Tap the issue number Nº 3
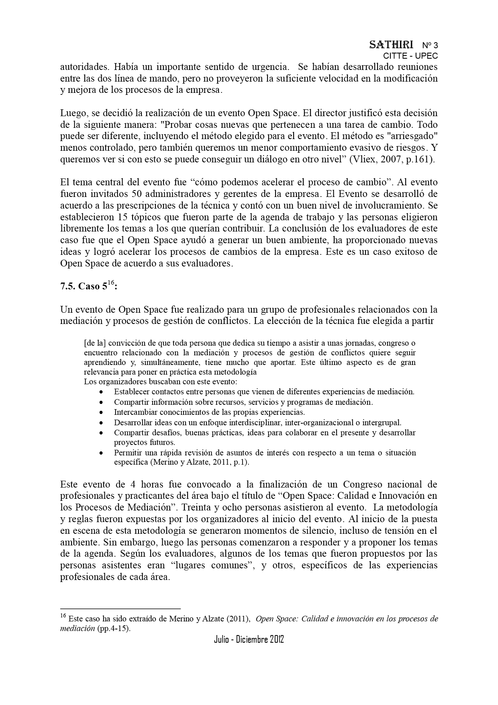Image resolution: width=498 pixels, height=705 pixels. (x=430, y=45)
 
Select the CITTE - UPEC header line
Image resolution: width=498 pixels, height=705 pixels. (x=410, y=56)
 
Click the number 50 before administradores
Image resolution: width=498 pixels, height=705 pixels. (x=136, y=194)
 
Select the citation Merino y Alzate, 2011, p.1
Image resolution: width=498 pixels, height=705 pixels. (x=200, y=462)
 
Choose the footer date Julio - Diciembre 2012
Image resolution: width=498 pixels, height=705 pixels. (x=249, y=639)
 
